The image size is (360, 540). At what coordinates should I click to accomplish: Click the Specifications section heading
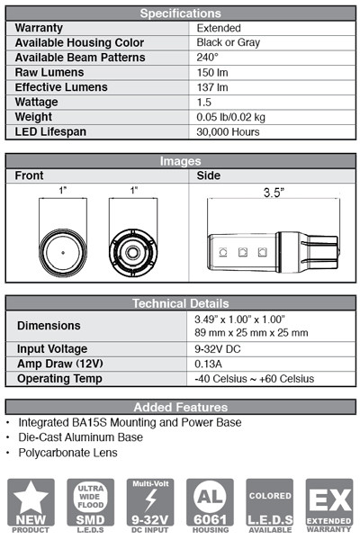coord(180,13)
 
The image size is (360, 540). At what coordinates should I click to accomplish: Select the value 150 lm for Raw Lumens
coord(212,72)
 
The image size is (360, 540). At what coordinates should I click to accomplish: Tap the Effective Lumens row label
coord(61,87)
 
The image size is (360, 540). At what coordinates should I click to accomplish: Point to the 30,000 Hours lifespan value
coord(228,131)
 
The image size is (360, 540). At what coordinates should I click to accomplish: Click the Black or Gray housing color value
coord(228,42)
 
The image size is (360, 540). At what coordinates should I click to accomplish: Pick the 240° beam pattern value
coord(207,58)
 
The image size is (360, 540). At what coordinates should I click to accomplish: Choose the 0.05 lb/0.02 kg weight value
coord(230,117)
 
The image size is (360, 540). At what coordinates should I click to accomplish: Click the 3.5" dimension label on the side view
coord(274,193)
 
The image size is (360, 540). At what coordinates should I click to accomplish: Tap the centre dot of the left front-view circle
coord(63,252)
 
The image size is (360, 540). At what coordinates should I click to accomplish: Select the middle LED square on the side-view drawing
coord(243,252)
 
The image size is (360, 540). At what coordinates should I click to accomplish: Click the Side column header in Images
coord(209,175)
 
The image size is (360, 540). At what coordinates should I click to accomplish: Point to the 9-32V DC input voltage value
coord(218,349)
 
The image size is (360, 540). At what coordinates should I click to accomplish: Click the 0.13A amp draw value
coord(209,364)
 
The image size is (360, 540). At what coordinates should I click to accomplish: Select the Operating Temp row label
coord(59,379)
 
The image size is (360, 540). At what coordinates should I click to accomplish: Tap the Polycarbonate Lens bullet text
coord(67,453)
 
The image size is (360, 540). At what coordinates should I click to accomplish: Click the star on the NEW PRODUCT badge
coord(31,496)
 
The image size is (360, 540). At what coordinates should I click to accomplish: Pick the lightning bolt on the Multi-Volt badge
coord(150,500)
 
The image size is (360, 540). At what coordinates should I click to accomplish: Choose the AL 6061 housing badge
coord(210,506)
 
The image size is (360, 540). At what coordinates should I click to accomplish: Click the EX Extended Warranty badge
coord(329,506)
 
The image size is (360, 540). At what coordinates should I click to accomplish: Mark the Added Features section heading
coord(181,407)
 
